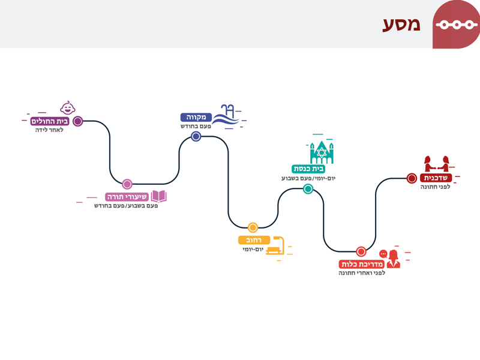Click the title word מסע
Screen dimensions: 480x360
click(x=401, y=25)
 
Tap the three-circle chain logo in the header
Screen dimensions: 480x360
click(x=457, y=25)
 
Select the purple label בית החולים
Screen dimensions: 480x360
click(x=50, y=121)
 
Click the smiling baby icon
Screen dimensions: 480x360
click(x=68, y=108)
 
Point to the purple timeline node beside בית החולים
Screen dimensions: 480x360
click(x=78, y=121)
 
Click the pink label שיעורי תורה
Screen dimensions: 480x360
click(x=127, y=197)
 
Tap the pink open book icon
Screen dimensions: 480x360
click(x=158, y=196)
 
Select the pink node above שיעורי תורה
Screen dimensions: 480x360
click(x=127, y=184)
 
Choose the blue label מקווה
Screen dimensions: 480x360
click(x=196, y=117)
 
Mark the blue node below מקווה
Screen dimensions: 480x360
click(x=196, y=136)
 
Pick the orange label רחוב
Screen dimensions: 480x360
click(x=254, y=240)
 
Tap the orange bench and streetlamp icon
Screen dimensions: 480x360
click(x=275, y=245)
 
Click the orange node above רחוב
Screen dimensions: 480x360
click(x=253, y=227)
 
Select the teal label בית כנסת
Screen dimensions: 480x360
click(x=308, y=169)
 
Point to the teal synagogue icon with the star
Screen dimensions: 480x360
click(x=322, y=152)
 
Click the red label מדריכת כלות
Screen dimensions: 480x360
click(x=362, y=264)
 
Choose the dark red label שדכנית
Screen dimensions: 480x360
click(x=436, y=178)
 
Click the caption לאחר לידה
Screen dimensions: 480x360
click(x=49, y=130)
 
